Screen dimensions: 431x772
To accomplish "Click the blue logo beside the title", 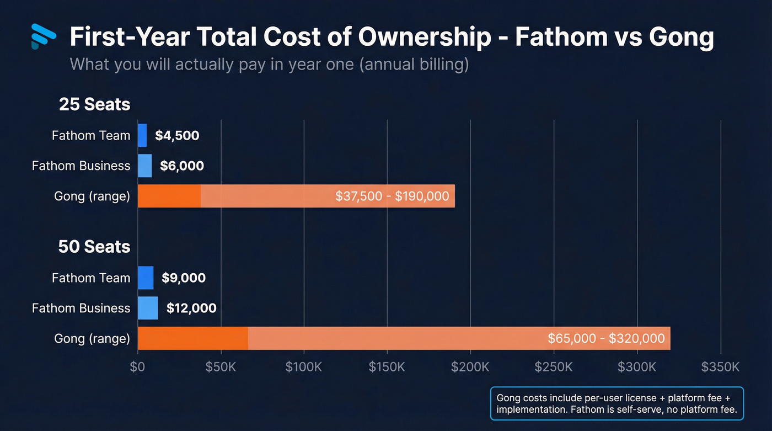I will coord(44,36).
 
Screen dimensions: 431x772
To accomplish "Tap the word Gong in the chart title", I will coord(682,38).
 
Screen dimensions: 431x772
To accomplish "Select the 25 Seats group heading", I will coord(94,104).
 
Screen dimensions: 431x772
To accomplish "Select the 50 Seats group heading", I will coord(94,247).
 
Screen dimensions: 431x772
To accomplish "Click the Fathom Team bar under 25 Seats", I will coord(142,135).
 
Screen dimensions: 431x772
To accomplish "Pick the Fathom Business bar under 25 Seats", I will coord(144,166).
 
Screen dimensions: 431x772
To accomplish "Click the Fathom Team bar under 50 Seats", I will coord(146,278).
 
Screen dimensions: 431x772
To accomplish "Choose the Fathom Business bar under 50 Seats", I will coord(148,308).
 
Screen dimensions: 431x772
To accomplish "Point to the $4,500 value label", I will coord(177,135).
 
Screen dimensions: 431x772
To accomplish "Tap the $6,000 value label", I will coord(182,166).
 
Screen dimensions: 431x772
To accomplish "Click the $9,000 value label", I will coord(184,278).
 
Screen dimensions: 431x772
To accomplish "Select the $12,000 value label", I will coord(191,308).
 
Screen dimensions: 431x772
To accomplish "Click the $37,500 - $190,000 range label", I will coord(392,196).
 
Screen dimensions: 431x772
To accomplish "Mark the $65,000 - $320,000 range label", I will coord(606,338).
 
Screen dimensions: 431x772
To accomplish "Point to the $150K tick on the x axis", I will coord(387,367).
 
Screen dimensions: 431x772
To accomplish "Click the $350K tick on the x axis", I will coord(720,367).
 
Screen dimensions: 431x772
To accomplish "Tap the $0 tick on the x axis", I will coord(137,367).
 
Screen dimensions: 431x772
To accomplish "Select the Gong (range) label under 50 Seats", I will coord(92,338).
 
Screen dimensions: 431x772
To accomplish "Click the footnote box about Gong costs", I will coord(617,403).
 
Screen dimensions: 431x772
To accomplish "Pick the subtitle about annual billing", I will coord(269,64).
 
